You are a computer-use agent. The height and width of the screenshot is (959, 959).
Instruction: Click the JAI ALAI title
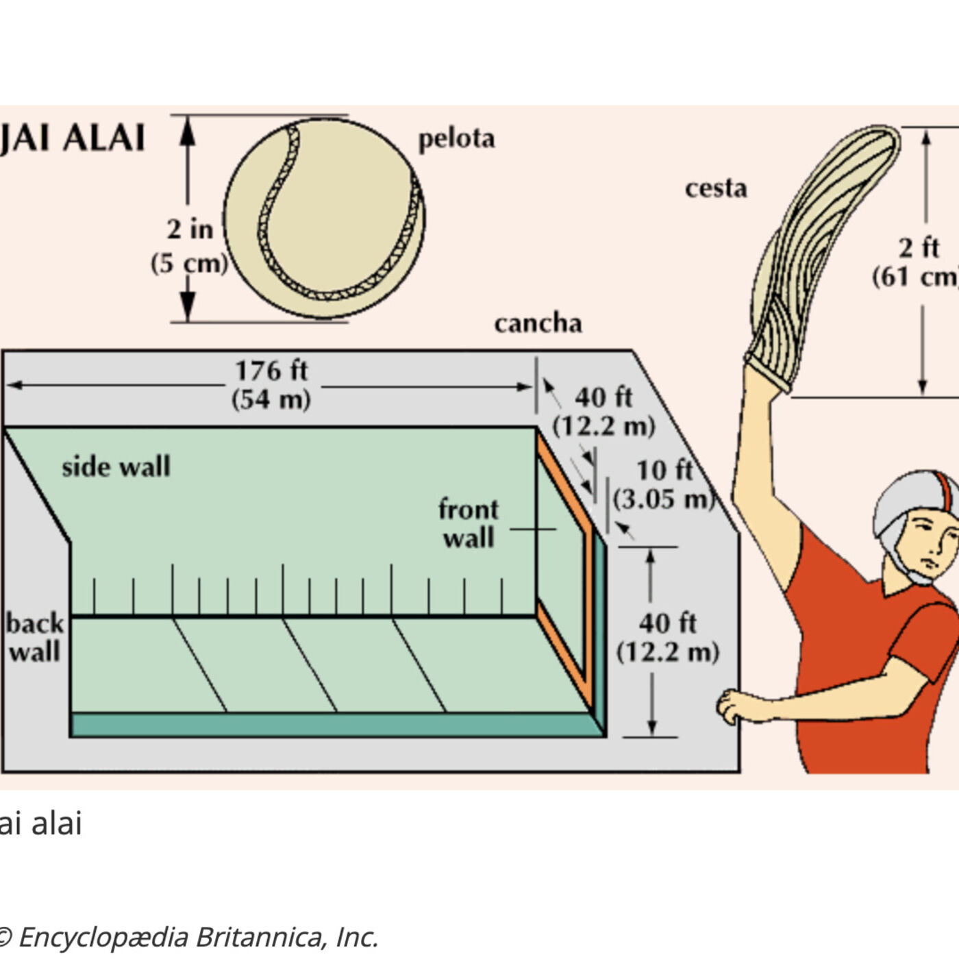[72, 138]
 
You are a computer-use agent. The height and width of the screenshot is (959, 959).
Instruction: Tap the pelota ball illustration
[323, 219]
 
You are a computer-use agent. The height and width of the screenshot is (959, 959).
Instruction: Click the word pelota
[456, 139]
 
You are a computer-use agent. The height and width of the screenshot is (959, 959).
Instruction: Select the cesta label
[715, 188]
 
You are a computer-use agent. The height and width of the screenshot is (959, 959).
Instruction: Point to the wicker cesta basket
[822, 253]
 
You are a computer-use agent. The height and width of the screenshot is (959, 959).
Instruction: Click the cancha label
[538, 323]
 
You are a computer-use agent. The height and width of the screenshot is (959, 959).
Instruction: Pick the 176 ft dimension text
[271, 371]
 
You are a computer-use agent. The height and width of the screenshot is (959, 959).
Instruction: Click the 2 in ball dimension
[190, 229]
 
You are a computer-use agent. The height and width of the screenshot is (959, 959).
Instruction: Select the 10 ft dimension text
[664, 471]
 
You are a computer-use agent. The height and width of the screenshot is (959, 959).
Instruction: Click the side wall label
[116, 467]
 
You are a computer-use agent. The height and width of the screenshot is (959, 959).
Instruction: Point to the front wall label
[469, 523]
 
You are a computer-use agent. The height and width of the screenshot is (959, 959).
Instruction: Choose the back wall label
[34, 637]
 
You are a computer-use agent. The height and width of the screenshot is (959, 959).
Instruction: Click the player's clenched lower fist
[733, 706]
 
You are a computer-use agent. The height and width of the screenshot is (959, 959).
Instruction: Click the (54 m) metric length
[271, 399]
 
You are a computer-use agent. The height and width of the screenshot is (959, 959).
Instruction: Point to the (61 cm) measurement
[915, 277]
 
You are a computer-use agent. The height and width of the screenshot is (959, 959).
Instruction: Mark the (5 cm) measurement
[189, 263]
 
